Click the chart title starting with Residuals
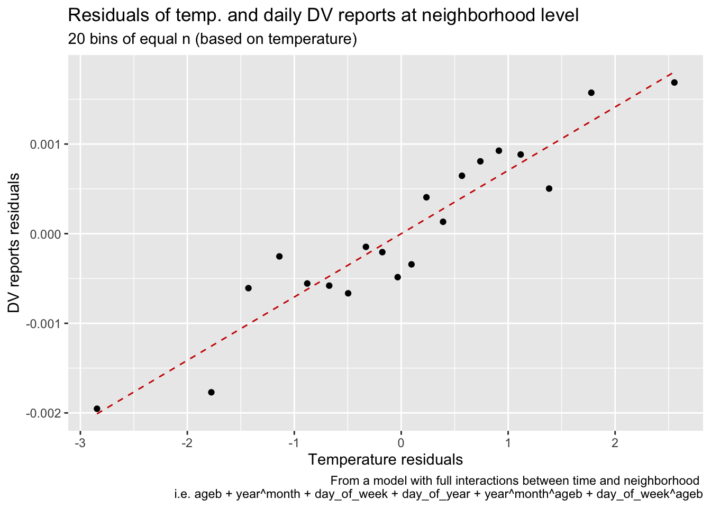tap(323, 16)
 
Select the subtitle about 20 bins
tap(212, 39)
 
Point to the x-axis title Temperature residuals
tap(385, 459)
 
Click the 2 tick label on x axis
tap(615, 442)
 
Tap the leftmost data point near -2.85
tap(97, 409)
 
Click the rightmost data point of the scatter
tap(674, 83)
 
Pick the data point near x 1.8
tap(591, 93)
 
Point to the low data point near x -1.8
tap(211, 392)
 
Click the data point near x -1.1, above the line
tap(279, 256)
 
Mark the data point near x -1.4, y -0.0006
tap(248, 288)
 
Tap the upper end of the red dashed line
tap(672, 73)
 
